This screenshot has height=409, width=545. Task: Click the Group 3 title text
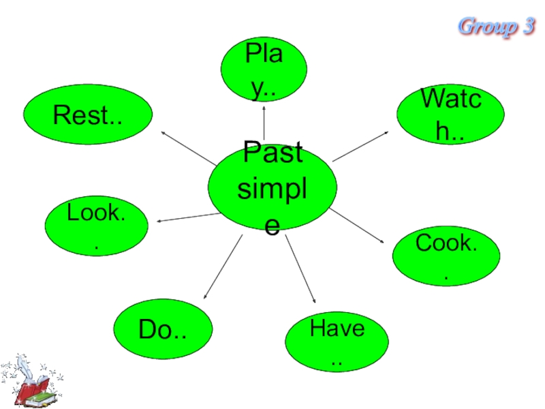click(x=496, y=27)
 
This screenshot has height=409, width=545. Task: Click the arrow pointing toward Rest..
click(x=188, y=146)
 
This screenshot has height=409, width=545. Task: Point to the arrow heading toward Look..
click(x=187, y=217)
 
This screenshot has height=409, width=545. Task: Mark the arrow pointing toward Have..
click(x=300, y=269)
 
